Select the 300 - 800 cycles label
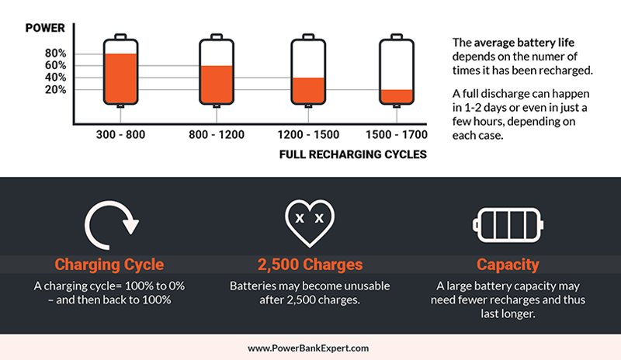[x=120, y=135]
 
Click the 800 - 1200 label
[x=217, y=135]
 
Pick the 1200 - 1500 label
[x=308, y=135]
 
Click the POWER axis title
[x=45, y=28]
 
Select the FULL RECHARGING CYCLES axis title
[x=353, y=154]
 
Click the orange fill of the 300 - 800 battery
[x=120, y=80]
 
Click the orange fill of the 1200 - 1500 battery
[x=308, y=91]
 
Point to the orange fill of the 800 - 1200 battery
[x=217, y=85]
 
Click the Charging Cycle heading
[x=110, y=265]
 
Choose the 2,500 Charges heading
[x=310, y=265]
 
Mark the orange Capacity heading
[x=509, y=265]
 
